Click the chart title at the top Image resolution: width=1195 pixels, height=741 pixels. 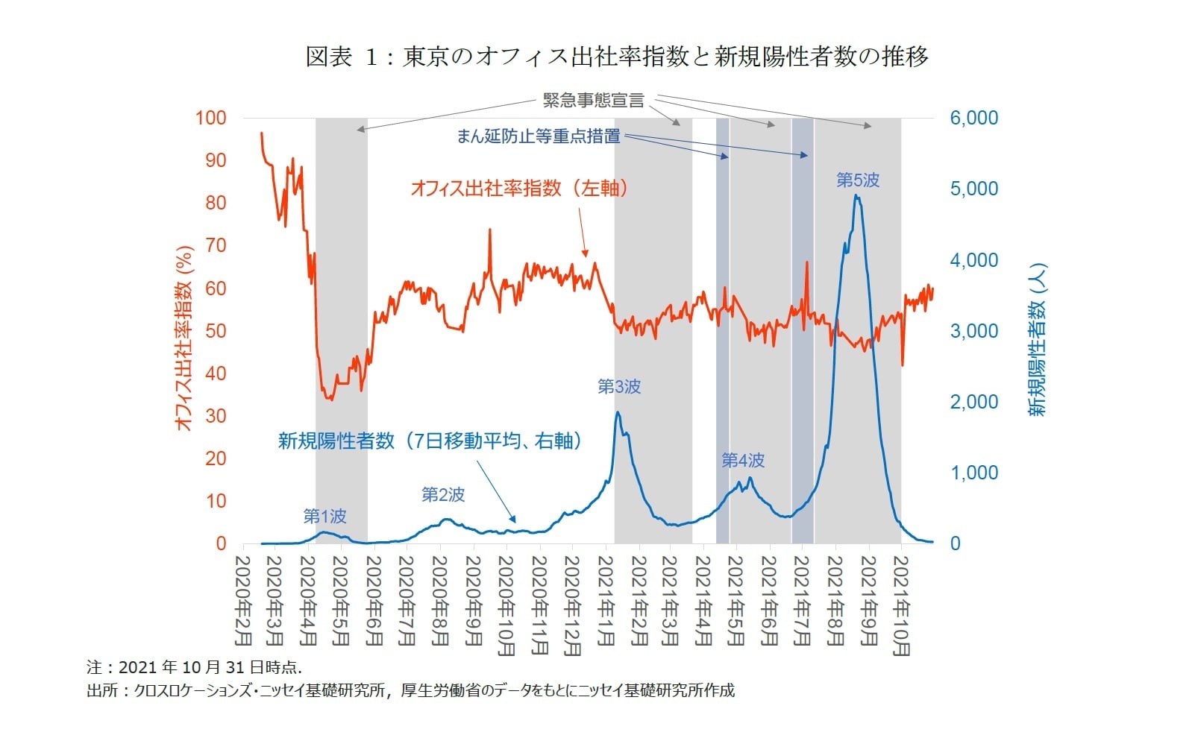click(617, 57)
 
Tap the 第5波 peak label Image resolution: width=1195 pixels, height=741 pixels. click(858, 180)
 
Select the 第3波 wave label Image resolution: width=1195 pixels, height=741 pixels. click(619, 387)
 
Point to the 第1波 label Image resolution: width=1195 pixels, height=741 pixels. click(324, 516)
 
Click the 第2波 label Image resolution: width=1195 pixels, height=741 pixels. click(443, 494)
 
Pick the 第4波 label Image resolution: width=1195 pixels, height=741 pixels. click(743, 461)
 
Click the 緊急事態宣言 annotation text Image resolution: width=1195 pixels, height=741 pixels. click(593, 101)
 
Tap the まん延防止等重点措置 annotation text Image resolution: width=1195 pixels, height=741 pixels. click(538, 136)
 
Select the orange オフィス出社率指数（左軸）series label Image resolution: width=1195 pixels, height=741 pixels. click(519, 189)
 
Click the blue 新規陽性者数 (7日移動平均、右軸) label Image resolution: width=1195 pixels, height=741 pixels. click(430, 441)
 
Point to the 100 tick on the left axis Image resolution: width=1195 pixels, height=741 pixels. click(210, 118)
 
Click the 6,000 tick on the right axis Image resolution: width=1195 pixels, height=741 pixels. click(973, 118)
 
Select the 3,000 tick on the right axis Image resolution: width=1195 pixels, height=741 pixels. click(973, 331)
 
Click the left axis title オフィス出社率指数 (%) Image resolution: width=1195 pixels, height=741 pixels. click(184, 339)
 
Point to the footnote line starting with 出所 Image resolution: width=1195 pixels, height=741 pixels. click(410, 690)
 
